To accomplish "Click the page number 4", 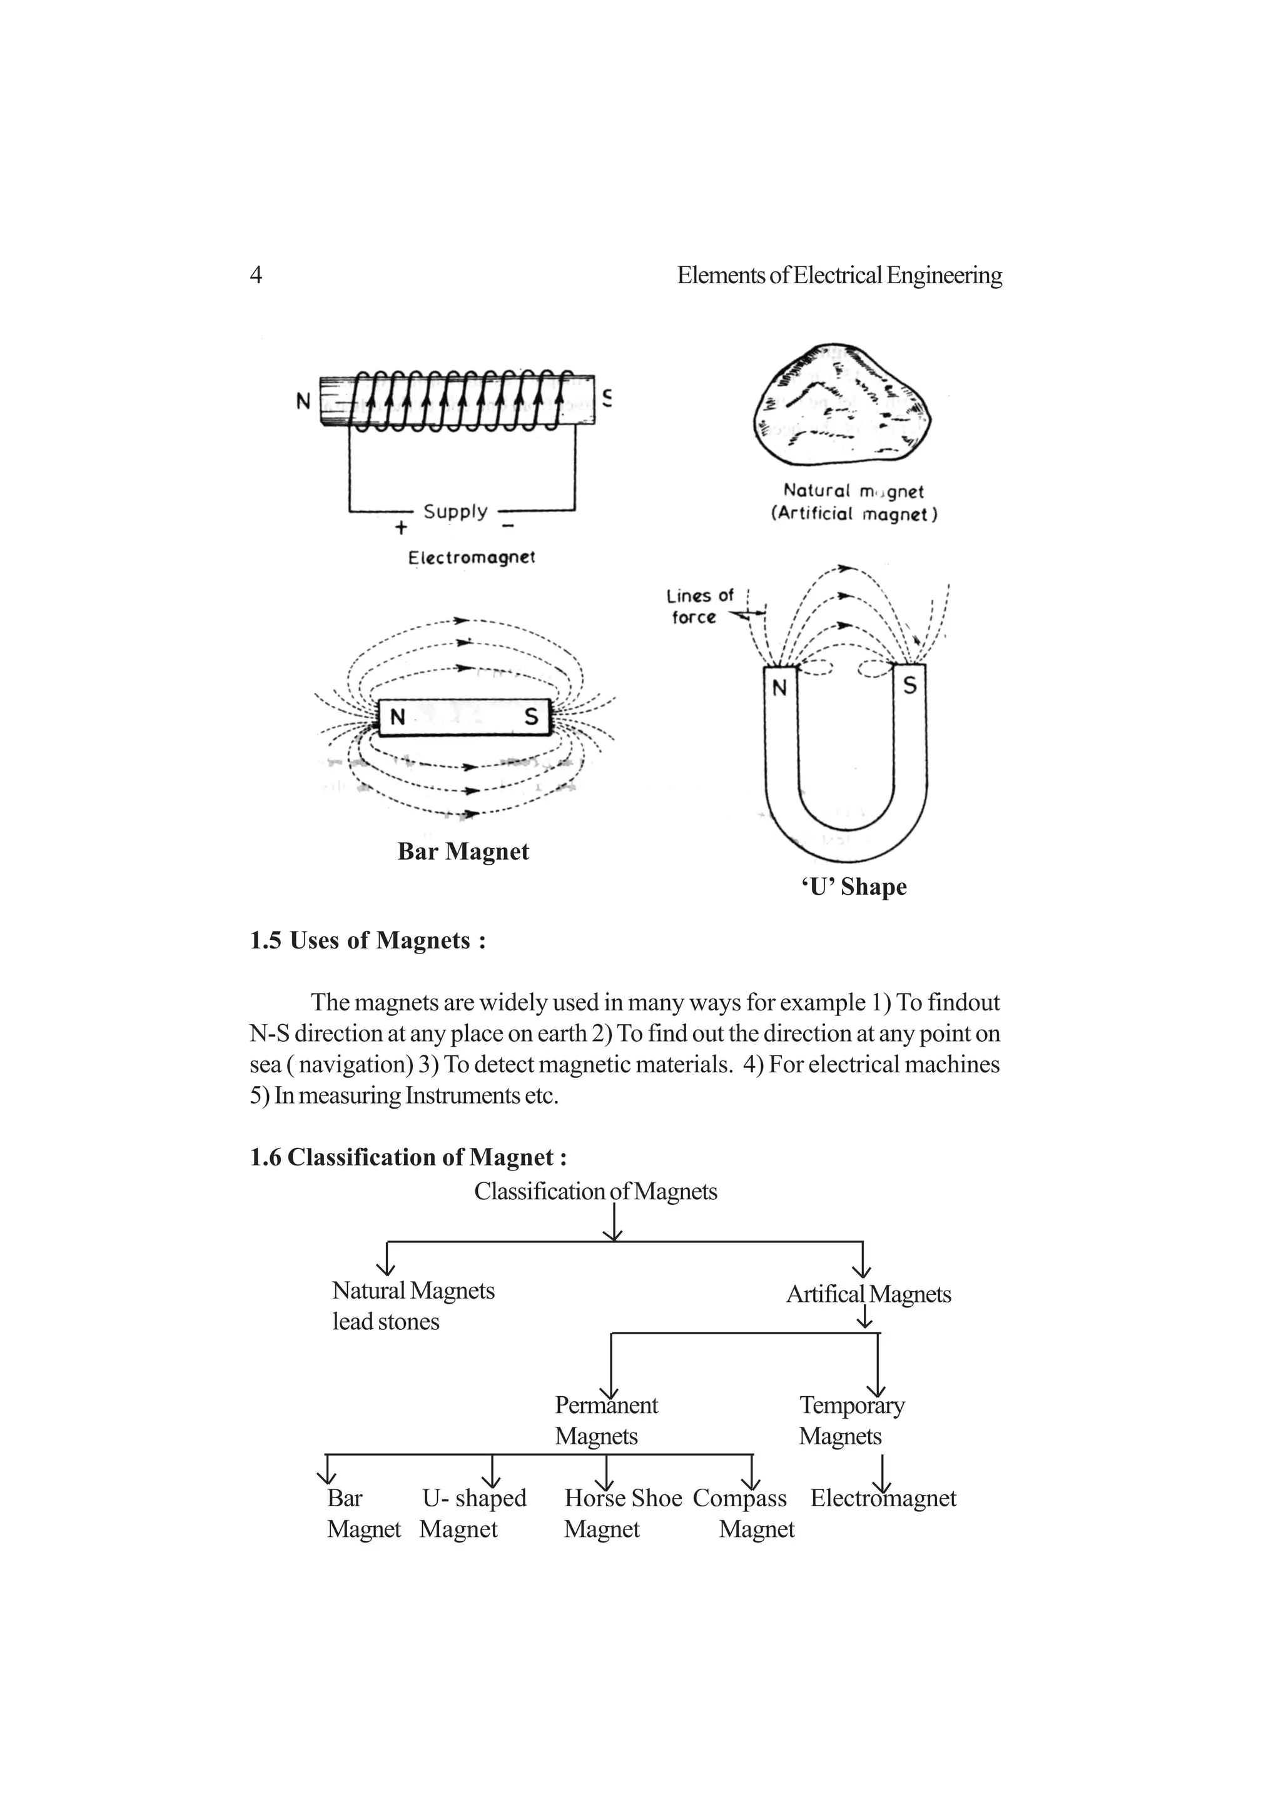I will point(256,274).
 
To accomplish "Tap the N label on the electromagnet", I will point(303,401).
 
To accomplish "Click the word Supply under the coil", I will point(455,511).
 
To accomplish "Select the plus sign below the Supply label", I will point(401,526).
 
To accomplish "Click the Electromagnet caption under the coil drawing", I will point(471,557).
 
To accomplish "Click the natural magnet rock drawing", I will point(841,404).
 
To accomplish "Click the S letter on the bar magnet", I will point(531,717).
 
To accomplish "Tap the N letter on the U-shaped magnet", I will point(780,688).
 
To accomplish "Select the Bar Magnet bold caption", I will point(463,851).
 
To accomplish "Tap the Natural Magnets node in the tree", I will point(413,1291).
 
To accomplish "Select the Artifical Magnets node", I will point(868,1294).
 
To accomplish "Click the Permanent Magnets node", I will point(605,1420).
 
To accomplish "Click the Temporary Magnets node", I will point(851,1420).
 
